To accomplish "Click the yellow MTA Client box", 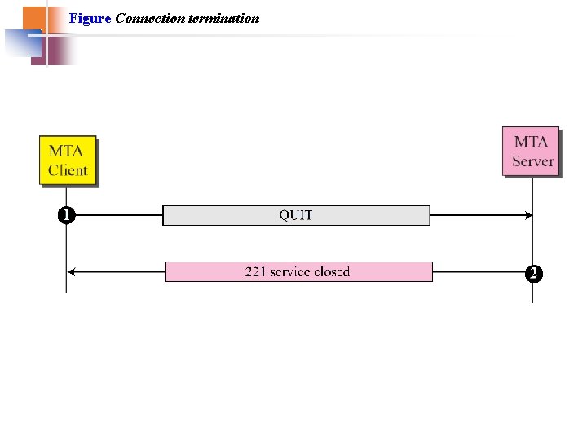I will (68, 161).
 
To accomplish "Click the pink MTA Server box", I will (531, 151).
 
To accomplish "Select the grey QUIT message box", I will (296, 215).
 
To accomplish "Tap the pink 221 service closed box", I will (298, 271).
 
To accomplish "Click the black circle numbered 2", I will (533, 274).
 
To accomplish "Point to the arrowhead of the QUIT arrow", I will (528, 215).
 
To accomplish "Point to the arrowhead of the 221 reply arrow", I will (71, 271).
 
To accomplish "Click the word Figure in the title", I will (90, 18).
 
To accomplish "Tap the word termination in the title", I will (223, 18).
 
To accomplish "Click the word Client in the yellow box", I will (68, 170).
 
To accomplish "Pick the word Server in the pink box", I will (532, 161).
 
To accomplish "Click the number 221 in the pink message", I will (256, 271).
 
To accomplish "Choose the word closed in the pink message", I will (330, 271).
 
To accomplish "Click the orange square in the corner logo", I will (33, 17).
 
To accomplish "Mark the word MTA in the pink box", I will (531, 141).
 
